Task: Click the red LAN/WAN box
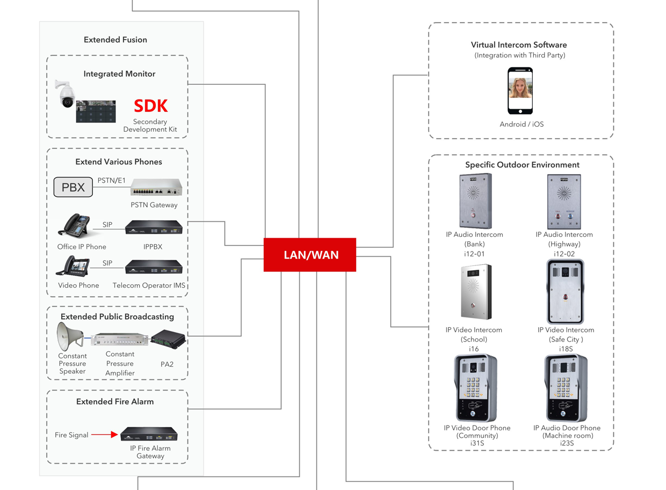310,255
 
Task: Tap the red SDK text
150,106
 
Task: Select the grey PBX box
73,188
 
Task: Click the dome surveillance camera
66,94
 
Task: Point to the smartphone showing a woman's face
520,90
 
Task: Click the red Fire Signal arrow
105,434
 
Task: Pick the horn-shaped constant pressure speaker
70,336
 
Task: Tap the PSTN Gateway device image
156,188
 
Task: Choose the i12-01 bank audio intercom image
475,201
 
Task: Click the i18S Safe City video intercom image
565,292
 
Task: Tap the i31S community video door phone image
476,388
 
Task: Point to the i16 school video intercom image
475,292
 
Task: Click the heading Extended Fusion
115,40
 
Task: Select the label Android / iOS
522,124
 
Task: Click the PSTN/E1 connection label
112,180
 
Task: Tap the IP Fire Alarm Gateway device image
149,434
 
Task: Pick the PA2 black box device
168,340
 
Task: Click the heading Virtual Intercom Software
519,45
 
